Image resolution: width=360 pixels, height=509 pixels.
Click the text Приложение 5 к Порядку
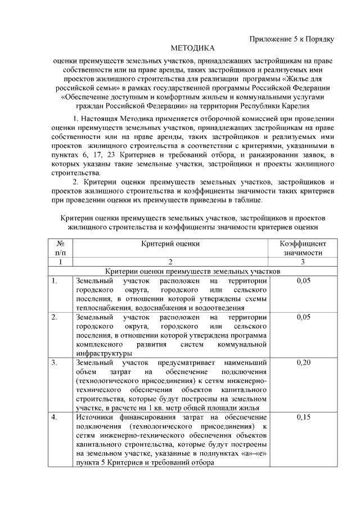292,39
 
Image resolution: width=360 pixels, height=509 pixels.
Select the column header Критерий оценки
170,244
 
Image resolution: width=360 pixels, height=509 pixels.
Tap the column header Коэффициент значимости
303,248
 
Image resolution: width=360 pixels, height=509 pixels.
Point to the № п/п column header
61,248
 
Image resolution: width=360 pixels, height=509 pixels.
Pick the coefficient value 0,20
303,362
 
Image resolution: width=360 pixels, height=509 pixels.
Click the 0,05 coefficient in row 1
303,281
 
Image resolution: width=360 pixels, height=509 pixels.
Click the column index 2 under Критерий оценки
170,262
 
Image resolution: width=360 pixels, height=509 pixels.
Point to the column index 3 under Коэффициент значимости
303,262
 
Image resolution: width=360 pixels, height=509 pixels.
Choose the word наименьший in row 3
246,362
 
